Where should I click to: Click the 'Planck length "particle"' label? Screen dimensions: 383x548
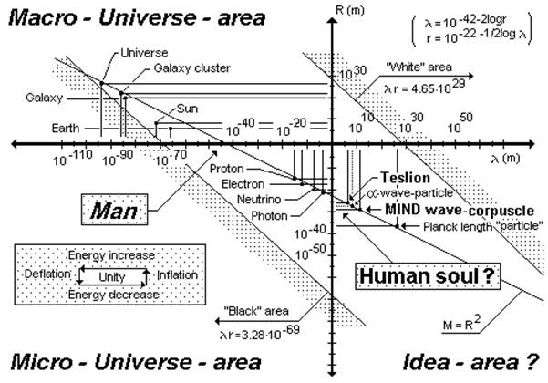pos(484,224)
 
